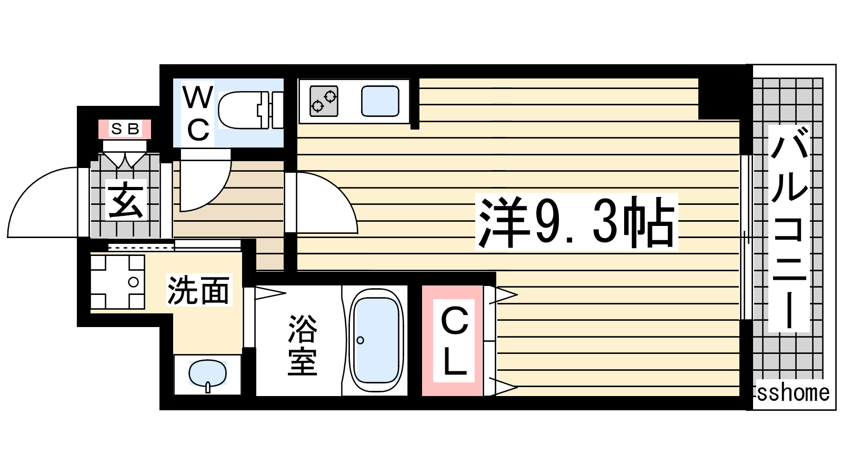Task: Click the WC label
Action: tap(198, 113)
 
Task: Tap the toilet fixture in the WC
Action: tap(250, 110)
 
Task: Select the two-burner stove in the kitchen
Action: tap(324, 101)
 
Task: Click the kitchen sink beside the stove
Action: tap(380, 101)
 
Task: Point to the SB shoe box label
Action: tap(125, 129)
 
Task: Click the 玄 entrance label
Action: tap(125, 200)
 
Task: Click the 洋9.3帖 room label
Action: tap(576, 222)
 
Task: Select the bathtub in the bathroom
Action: tap(376, 341)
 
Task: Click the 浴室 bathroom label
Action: tap(303, 345)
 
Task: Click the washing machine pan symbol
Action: tap(118, 282)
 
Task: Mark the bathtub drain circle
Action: tap(360, 340)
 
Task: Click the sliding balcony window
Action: tap(747, 238)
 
